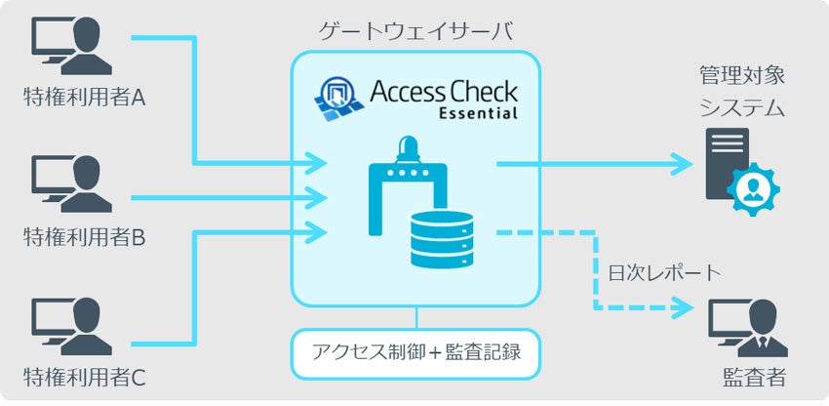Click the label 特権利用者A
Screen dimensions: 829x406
[x=84, y=98]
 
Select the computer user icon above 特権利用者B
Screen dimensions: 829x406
[x=71, y=183]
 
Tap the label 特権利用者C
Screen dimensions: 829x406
[x=84, y=378]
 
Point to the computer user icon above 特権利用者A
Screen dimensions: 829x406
[x=71, y=46]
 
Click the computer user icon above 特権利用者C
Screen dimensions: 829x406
[x=71, y=326]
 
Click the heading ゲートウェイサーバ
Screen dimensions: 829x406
[x=415, y=32]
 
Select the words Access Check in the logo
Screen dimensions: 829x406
[x=444, y=91]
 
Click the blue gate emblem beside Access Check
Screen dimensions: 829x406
[x=338, y=98]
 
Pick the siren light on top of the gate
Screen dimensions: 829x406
[x=408, y=148]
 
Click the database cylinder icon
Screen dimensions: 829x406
[x=442, y=239]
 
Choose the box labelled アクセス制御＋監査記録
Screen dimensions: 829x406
[x=415, y=353]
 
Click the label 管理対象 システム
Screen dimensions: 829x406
[x=742, y=92]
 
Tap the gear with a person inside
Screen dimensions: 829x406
[x=753, y=189]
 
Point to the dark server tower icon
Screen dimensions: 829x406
[x=728, y=163]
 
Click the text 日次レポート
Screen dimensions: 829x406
[x=664, y=272]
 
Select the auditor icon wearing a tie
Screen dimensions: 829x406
[x=748, y=328]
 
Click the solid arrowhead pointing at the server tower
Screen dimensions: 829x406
[x=683, y=164]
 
